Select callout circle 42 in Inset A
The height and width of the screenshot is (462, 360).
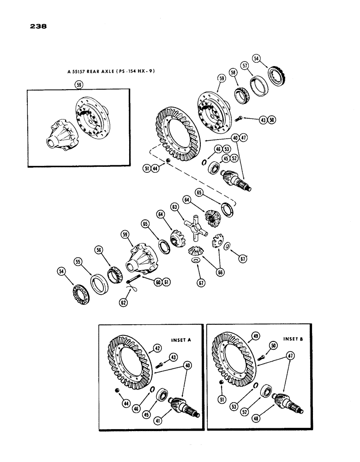click(x=157, y=349)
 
